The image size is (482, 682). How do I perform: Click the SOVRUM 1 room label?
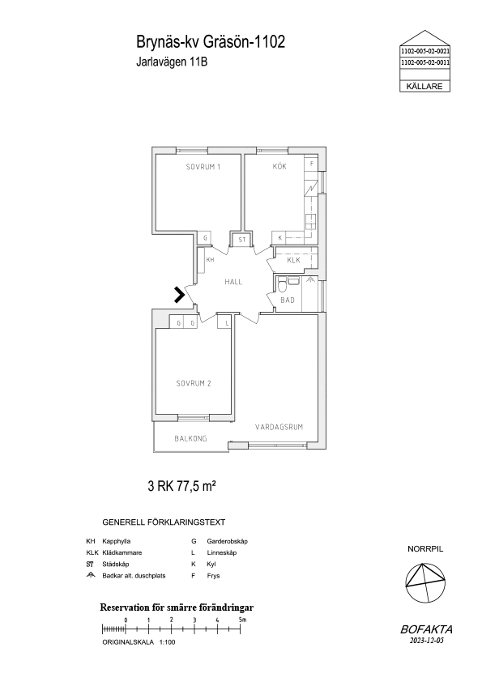(203, 167)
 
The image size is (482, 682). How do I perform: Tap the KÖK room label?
(279, 166)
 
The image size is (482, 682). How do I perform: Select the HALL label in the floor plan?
(233, 282)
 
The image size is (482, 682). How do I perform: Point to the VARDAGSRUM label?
(279, 427)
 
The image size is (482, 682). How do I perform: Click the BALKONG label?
(190, 438)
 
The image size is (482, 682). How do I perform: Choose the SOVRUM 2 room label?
(194, 383)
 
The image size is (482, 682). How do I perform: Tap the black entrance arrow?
(179, 295)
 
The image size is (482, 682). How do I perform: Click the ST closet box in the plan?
(242, 240)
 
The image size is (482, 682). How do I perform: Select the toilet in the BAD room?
(283, 285)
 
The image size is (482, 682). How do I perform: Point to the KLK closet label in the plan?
(293, 260)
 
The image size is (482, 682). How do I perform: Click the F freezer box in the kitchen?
(311, 164)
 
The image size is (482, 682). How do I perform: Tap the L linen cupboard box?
(227, 323)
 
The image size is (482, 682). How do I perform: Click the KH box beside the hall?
(210, 260)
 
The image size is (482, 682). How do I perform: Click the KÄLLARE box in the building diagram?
(424, 86)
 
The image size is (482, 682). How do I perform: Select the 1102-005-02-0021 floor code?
(425, 51)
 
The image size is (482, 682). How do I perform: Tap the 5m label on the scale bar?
(242, 620)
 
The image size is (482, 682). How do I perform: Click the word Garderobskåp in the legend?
(227, 542)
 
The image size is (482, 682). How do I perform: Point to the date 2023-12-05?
(426, 640)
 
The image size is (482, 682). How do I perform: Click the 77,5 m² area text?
(196, 486)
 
